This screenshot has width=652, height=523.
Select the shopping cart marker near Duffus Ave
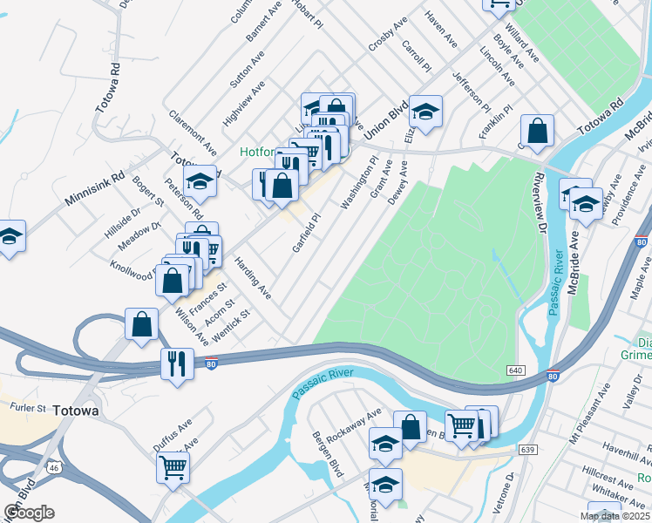tap(173, 466)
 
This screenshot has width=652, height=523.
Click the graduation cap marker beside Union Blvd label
tap(424, 112)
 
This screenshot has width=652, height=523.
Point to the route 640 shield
tap(515, 371)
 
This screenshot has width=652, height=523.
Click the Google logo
tap(29, 512)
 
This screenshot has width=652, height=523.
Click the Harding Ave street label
tap(252, 277)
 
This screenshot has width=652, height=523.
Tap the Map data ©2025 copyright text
tap(614, 516)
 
